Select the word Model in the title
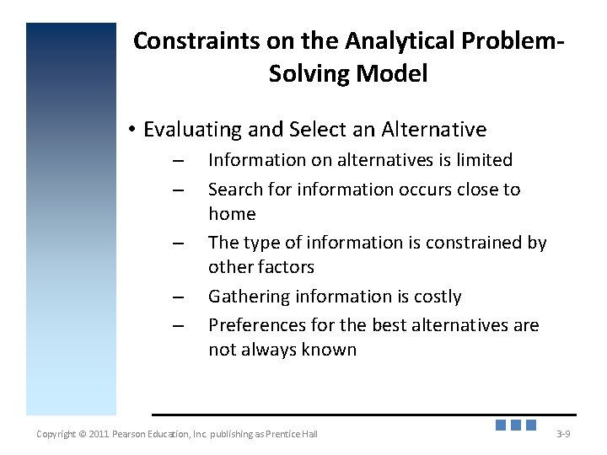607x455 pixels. click(x=391, y=73)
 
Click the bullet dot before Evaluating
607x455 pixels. click(x=132, y=131)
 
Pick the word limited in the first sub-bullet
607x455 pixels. click(x=482, y=160)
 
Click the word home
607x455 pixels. click(x=232, y=214)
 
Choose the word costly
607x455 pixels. click(x=432, y=297)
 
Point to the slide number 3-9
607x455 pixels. click(x=563, y=434)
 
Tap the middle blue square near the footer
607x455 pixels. click(x=516, y=426)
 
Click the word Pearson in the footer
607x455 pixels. click(x=132, y=434)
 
